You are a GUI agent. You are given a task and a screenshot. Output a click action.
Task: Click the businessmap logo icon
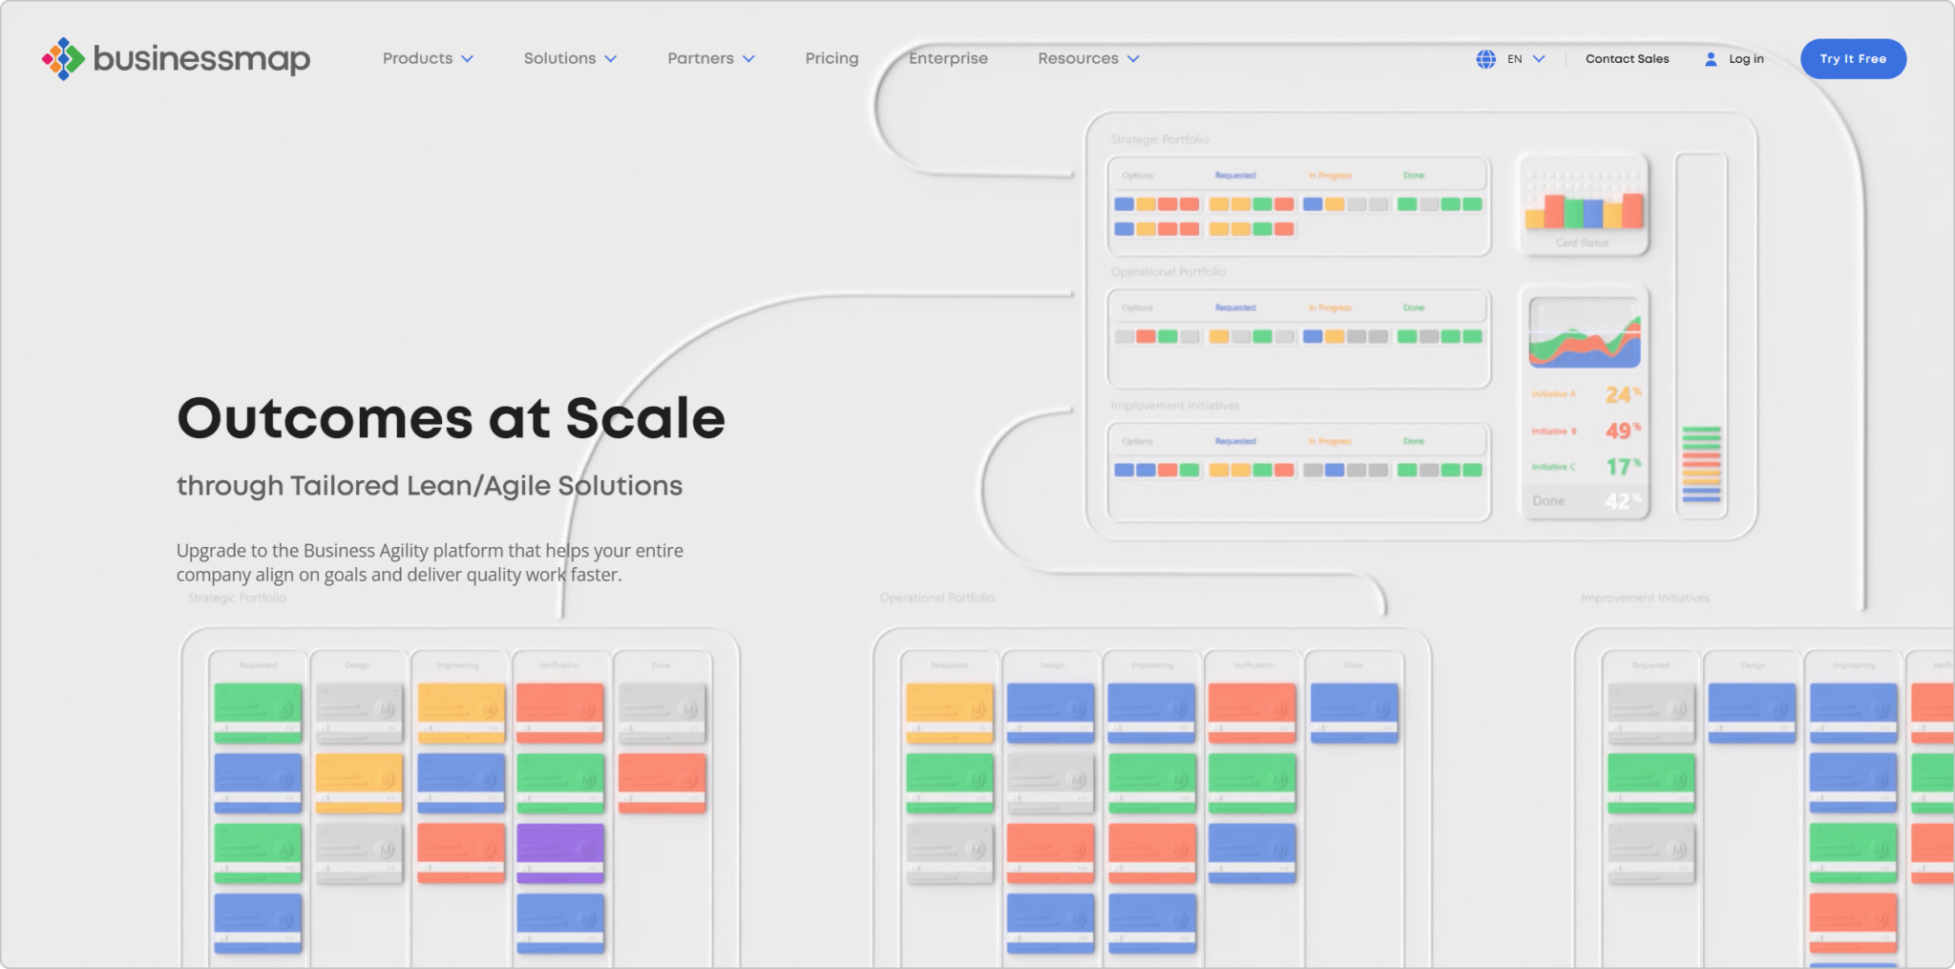tap(63, 59)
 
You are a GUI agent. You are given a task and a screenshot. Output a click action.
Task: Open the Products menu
tap(427, 58)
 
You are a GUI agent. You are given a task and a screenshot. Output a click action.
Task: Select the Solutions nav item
tap(569, 58)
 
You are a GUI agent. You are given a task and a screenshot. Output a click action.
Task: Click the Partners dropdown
tap(710, 58)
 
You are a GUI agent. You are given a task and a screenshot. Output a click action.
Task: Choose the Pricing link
tap(831, 58)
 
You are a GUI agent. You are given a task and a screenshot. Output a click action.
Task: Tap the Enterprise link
tap(948, 58)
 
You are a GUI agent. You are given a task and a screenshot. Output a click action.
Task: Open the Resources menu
tap(1087, 58)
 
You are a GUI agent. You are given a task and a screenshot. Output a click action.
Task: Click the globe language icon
tap(1485, 59)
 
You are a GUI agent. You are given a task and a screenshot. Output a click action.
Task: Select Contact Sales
tap(1627, 59)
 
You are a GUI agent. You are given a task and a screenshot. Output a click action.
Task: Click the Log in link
tap(1745, 59)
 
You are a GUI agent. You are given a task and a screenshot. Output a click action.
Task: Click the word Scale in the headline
tap(645, 418)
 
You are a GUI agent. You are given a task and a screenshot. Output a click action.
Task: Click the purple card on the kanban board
tap(560, 852)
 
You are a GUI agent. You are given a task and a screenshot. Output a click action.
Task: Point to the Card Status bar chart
tap(1584, 203)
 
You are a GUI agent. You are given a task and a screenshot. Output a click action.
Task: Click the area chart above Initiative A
tap(1584, 333)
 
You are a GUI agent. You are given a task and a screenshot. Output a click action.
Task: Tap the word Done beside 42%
tap(1548, 501)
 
